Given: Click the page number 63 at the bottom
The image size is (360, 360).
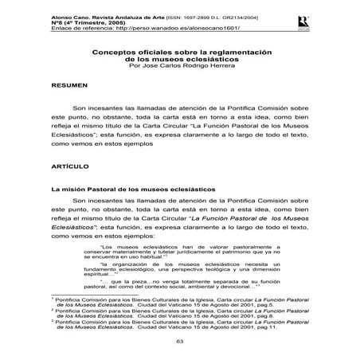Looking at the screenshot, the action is pos(179,342).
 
